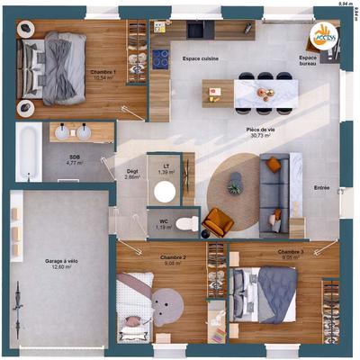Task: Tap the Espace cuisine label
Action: pyautogui.click(x=202, y=58)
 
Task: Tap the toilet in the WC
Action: pyautogui.click(x=186, y=222)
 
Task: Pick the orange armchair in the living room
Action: pyautogui.click(x=218, y=221)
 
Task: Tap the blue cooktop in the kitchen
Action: pyautogui.click(x=160, y=59)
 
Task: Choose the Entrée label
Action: pyautogui.click(x=321, y=188)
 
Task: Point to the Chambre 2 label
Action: pyautogui.click(x=173, y=257)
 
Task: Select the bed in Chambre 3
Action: pyautogui.click(x=265, y=294)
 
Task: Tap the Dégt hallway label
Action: pyautogui.click(x=131, y=172)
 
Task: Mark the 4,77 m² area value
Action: pyautogui.click(x=76, y=165)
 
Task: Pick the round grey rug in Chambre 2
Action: pyautogui.click(x=166, y=305)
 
